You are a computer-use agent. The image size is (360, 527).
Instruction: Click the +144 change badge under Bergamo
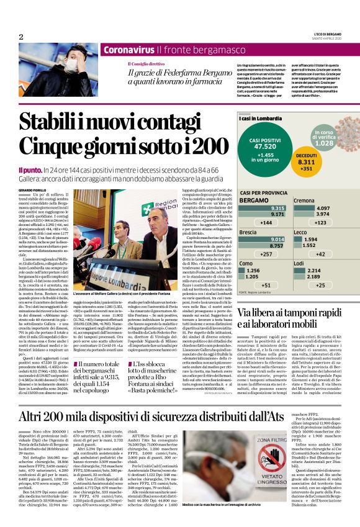click(249, 222)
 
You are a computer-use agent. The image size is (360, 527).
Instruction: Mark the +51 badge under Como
click(249, 285)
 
